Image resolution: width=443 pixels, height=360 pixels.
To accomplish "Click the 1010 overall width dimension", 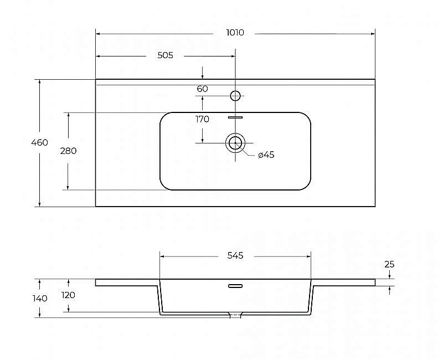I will tap(235, 33).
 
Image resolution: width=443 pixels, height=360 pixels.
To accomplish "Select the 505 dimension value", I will tap(166, 55).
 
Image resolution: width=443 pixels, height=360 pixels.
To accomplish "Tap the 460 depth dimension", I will tap(39, 142).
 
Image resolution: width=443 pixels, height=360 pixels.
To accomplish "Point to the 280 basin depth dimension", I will tap(68, 151).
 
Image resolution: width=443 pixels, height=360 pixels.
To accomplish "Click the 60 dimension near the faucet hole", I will tap(203, 89).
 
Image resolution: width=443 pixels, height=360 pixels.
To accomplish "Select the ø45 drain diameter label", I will tap(266, 155).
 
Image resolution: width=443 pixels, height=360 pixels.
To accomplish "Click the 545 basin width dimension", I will tap(235, 255).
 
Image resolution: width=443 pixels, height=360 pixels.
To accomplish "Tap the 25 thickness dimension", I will tap(389, 264).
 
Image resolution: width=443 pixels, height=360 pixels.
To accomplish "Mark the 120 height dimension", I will tap(68, 295).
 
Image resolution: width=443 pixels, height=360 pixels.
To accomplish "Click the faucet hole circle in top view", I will tap(235, 96).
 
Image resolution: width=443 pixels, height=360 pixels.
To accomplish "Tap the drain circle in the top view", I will tap(235, 143).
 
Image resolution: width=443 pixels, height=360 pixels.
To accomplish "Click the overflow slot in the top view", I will tap(236, 117).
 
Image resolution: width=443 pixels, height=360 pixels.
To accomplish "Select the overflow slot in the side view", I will tap(235, 286).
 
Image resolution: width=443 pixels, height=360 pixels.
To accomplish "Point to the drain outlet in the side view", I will tap(235, 315).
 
